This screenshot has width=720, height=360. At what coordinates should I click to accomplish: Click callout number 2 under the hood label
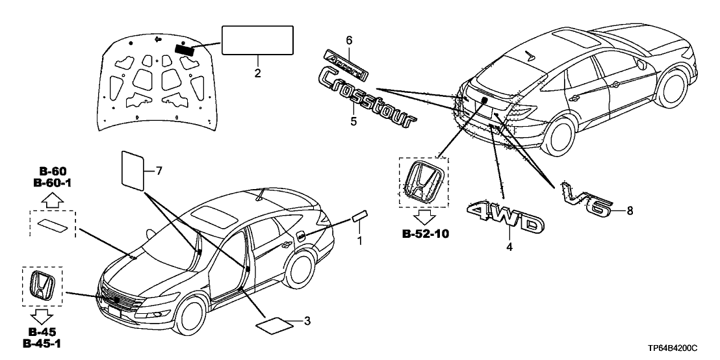(x=258, y=73)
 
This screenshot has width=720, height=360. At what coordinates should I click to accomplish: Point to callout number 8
(x=630, y=211)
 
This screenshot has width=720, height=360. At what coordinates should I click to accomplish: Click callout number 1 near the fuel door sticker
(x=357, y=240)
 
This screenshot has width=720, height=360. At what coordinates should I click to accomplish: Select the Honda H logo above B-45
(x=43, y=287)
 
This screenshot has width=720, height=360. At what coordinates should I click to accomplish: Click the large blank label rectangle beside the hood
(x=258, y=41)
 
